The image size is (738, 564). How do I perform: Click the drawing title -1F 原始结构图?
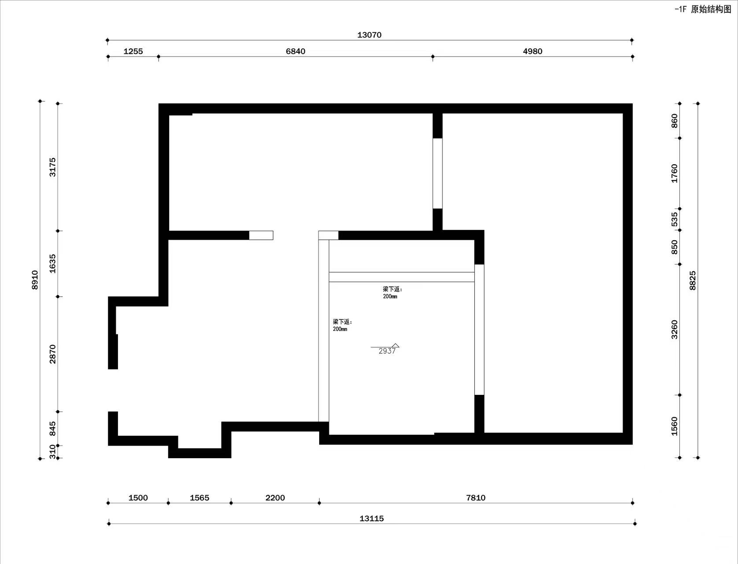(703, 9)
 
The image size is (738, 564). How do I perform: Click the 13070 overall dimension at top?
(369, 35)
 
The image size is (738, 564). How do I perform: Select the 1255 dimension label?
(133, 52)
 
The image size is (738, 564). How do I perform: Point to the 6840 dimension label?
(295, 52)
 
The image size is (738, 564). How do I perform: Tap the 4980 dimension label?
(532, 52)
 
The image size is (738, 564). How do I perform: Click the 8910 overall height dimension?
(35, 280)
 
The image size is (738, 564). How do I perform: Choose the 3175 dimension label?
(52, 167)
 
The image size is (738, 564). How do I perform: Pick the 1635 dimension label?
(52, 263)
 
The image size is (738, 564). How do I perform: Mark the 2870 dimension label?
(52, 354)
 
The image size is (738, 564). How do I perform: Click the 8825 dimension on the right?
(693, 281)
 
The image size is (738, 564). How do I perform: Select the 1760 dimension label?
(675, 174)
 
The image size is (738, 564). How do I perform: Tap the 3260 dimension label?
(675, 330)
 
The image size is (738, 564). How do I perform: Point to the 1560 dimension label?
(675, 426)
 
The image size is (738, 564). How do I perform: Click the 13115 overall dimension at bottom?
(372, 519)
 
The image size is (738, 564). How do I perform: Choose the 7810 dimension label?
(476, 498)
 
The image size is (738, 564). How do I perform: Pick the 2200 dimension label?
(275, 498)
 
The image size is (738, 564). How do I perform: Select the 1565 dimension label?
(199, 498)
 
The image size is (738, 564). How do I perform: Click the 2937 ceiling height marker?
(387, 351)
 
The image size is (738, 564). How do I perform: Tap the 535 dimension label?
(675, 219)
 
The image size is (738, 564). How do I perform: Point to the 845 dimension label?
(52, 428)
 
